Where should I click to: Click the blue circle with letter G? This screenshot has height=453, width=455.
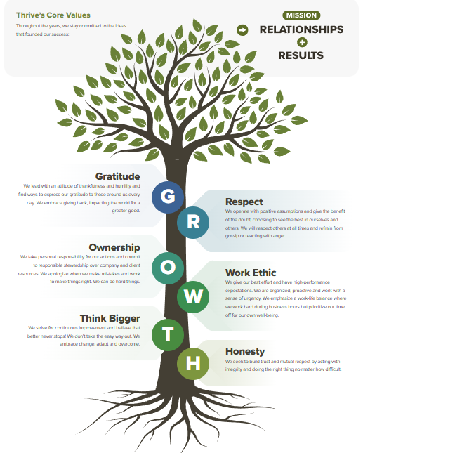click(169, 197)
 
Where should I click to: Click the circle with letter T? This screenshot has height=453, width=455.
click(167, 334)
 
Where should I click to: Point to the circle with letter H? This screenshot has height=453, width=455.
click(192, 362)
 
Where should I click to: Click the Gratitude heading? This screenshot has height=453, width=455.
click(117, 176)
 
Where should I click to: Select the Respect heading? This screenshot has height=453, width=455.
click(244, 202)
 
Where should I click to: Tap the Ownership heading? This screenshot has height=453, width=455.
click(114, 247)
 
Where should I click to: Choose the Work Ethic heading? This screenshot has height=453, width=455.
click(251, 273)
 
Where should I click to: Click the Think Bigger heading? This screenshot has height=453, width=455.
click(110, 318)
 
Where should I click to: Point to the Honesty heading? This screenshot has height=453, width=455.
click(245, 351)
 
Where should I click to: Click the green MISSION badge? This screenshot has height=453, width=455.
click(301, 15)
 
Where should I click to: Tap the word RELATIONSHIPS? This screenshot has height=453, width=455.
click(301, 29)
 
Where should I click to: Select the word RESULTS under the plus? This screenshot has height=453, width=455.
click(301, 55)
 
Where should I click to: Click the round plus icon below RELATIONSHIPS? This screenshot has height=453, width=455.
click(301, 43)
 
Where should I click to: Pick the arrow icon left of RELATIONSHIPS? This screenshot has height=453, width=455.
click(242, 29)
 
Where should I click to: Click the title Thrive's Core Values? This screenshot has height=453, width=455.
click(53, 15)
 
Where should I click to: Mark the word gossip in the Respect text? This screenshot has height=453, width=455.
click(234, 236)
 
